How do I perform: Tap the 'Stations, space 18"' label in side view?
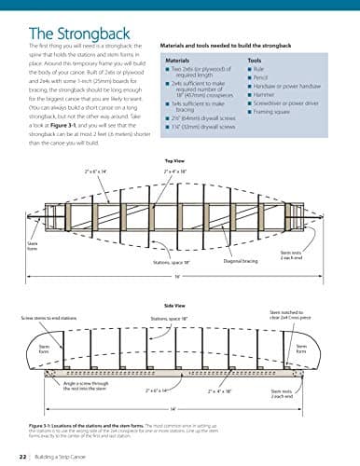170,318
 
